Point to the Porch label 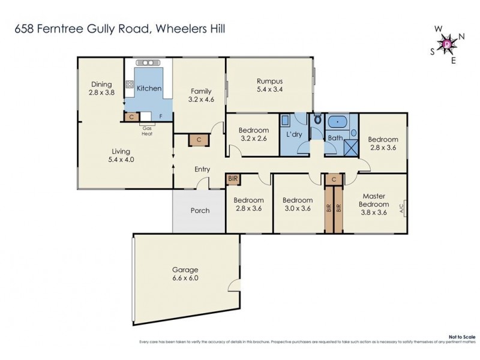[x=200, y=211]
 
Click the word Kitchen [x=149, y=89]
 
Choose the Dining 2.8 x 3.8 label [x=101, y=89]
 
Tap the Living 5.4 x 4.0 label [x=125, y=156]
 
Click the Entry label [x=202, y=169]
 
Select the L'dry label [x=294, y=134]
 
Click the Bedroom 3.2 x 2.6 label [x=253, y=134]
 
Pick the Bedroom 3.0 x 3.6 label [x=297, y=205]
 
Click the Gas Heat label [x=147, y=131]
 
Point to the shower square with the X [x=350, y=145]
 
